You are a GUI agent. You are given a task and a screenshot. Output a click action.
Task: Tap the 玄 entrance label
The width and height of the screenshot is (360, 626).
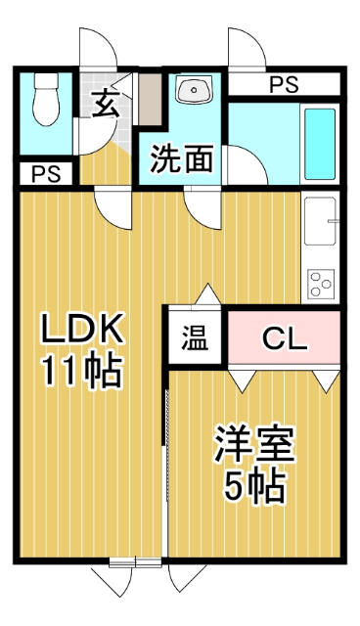pyautogui.click(x=105, y=103)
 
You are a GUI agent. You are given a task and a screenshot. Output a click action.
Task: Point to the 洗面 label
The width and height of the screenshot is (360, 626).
pyautogui.click(x=182, y=160)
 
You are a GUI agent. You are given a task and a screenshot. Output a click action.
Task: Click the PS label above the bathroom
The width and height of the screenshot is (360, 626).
pyautogui.click(x=285, y=85)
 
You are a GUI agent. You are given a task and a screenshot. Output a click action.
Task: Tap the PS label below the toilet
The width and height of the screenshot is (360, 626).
pyautogui.click(x=44, y=175)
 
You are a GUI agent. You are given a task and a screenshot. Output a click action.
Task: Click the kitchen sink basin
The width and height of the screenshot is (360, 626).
pyautogui.click(x=321, y=224)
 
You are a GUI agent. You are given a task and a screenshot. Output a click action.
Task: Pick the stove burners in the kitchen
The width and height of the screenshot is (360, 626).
pyautogui.click(x=321, y=282)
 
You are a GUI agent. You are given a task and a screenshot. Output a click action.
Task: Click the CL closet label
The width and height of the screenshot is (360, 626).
pyautogui.click(x=285, y=339)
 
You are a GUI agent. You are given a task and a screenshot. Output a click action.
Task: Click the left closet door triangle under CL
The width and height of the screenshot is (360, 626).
pyautogui.click(x=242, y=378)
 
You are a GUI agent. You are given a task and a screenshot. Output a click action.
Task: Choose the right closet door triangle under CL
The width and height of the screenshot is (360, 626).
pyautogui.click(x=327, y=378)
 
